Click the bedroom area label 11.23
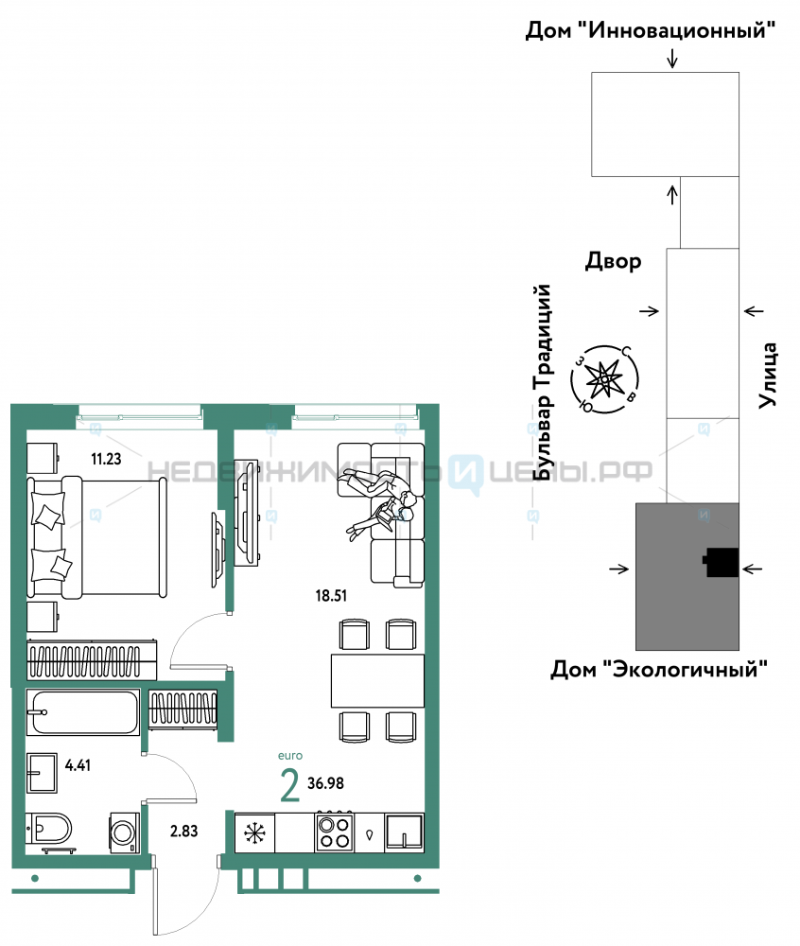tap(106, 459)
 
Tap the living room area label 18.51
tap(331, 595)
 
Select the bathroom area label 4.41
tap(78, 765)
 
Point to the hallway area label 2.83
tap(183, 831)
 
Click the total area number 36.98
tap(325, 783)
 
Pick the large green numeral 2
tap(290, 785)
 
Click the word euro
tap(290, 755)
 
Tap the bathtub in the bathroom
tap(83, 712)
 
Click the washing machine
tap(124, 833)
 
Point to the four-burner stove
tap(334, 832)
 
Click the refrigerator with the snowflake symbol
tap(254, 833)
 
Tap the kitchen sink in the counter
tap(405, 832)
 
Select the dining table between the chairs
tap(377, 680)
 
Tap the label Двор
tap(613, 261)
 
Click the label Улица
tap(768, 375)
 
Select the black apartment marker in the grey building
tap(721, 562)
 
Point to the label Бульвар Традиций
tap(543, 382)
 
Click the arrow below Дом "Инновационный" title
tap(672, 58)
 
